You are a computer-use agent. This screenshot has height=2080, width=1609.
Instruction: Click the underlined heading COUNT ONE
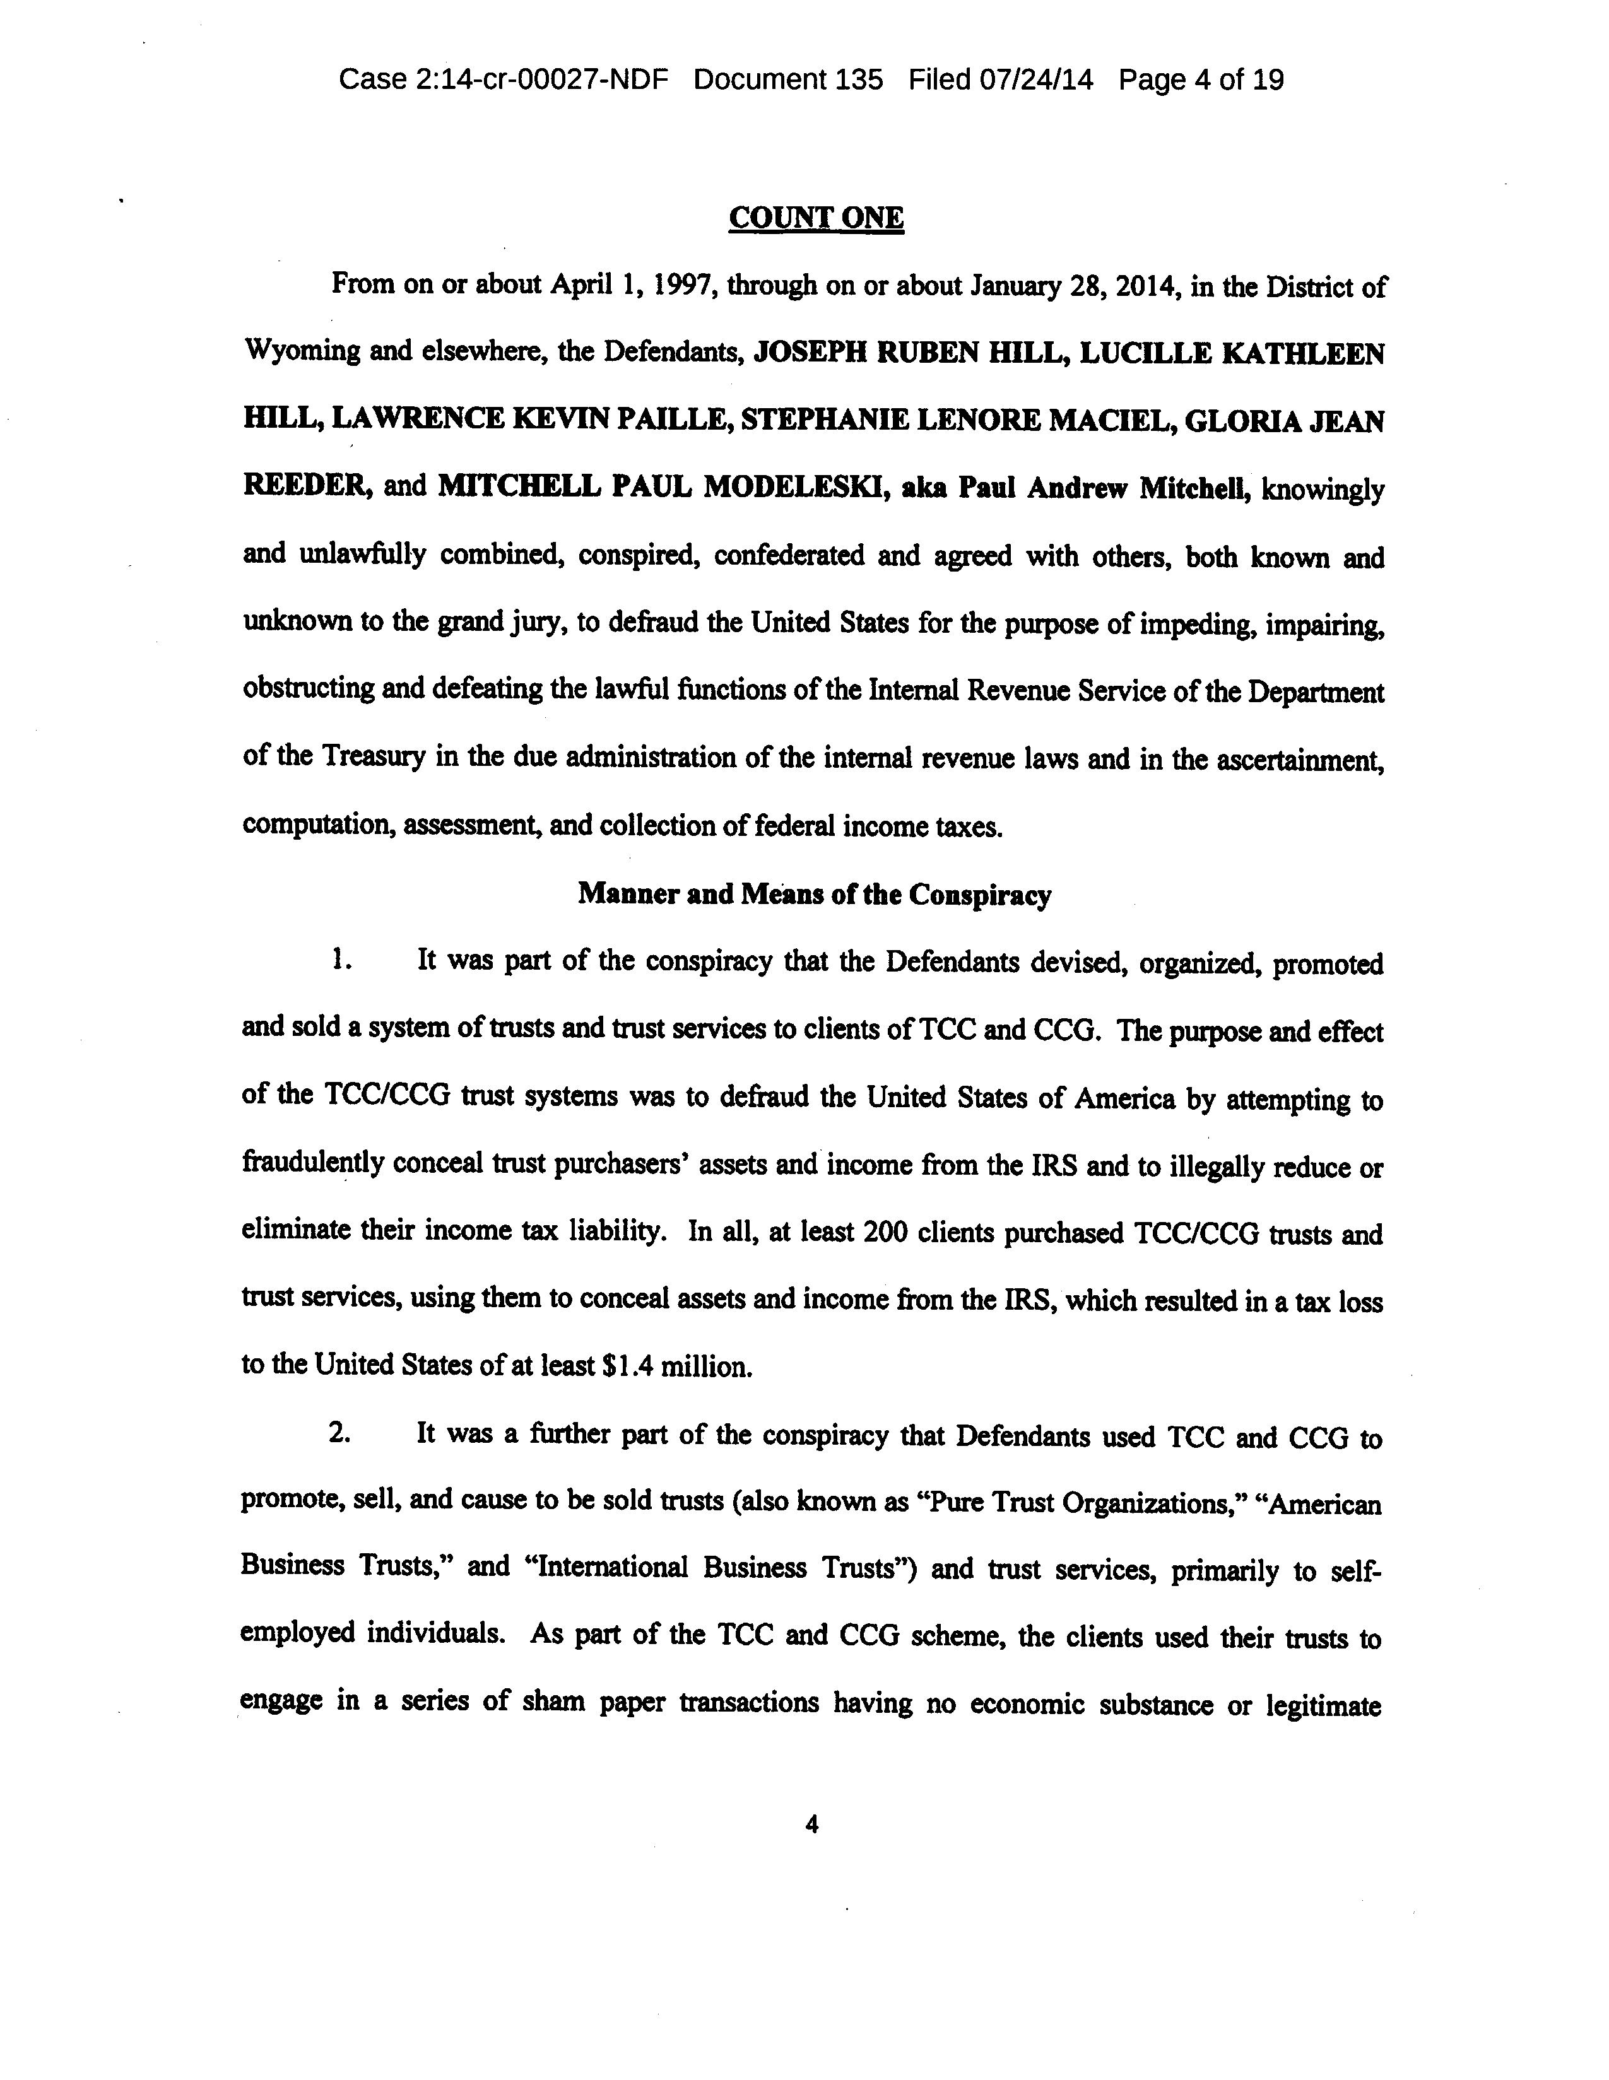coord(815,218)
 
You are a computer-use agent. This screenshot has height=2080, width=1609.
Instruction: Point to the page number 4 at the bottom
coord(811,1824)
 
